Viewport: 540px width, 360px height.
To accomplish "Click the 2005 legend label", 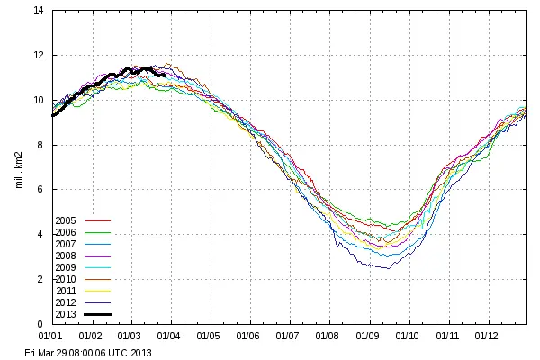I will point(66,220).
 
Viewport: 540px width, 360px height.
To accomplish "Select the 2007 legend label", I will point(66,243).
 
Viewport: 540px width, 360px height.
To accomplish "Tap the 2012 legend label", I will point(66,301).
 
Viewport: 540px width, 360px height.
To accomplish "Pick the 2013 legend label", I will point(66,313).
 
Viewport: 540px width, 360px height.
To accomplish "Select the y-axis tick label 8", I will point(40,145).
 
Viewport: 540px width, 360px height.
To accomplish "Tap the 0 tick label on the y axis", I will point(40,324).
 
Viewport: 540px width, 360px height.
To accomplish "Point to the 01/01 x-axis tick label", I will point(52,336).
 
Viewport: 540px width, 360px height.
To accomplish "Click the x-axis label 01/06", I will point(249,336).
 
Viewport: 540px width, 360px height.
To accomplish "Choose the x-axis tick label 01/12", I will point(487,336).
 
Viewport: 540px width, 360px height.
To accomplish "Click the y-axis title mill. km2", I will point(18,166).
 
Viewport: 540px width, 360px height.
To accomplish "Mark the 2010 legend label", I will point(66,278).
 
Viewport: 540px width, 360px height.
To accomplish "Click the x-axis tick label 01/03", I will point(130,336).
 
